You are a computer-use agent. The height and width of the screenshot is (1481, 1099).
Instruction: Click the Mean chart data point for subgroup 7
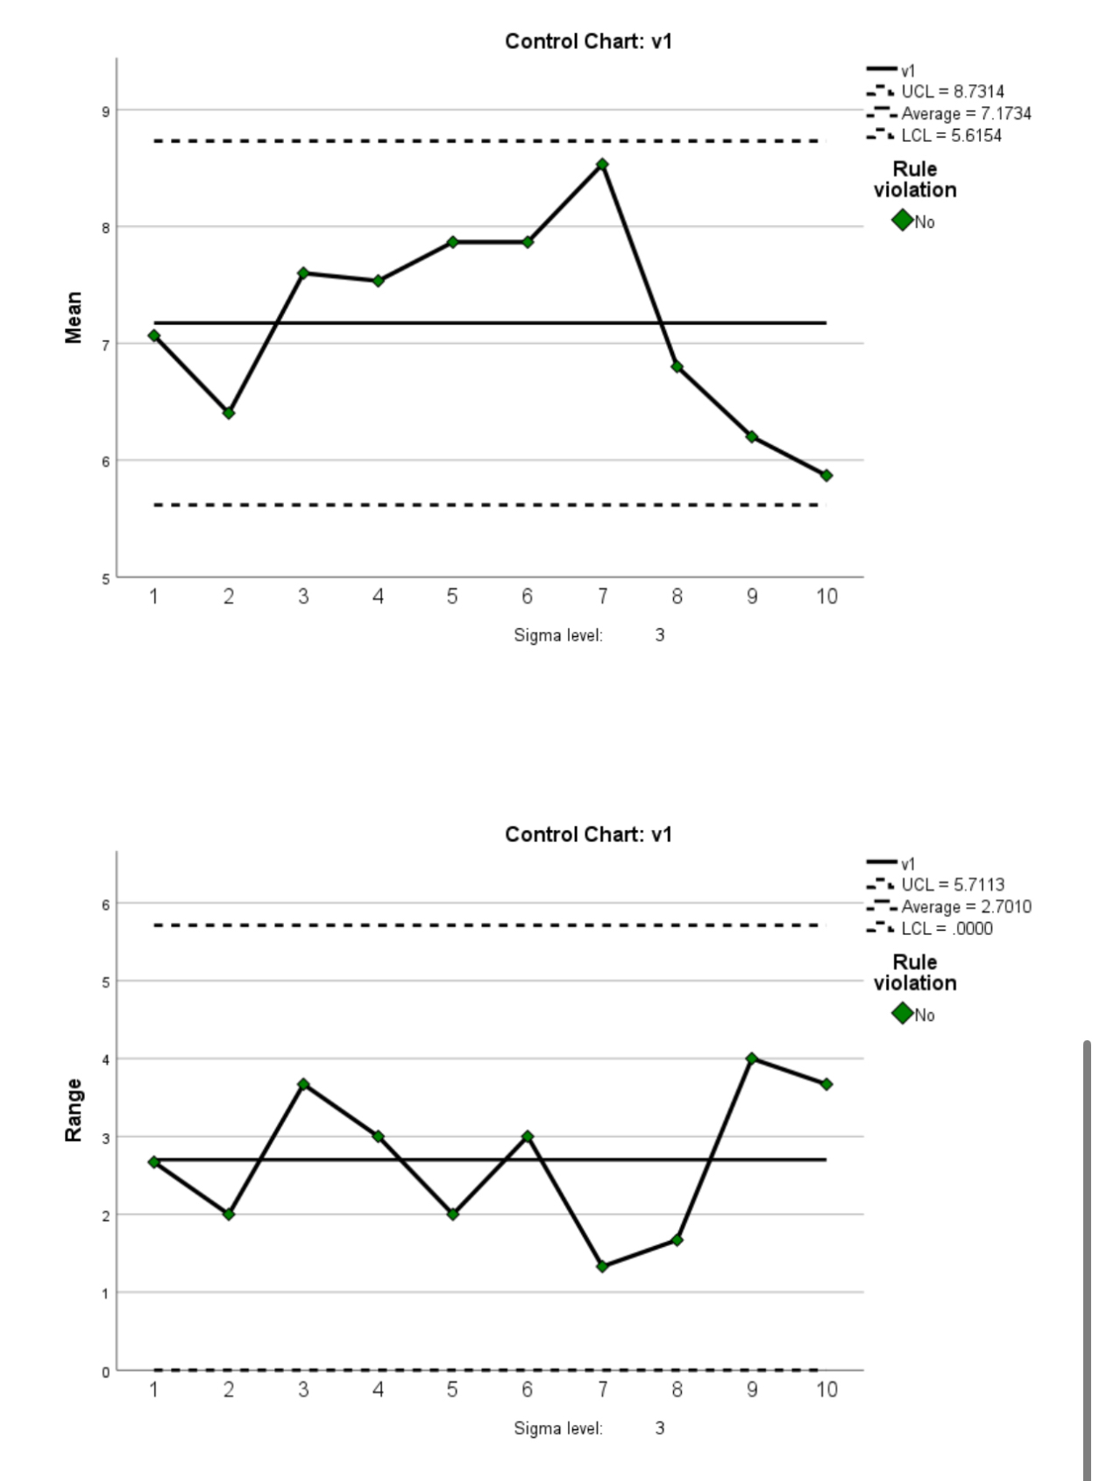pyautogui.click(x=602, y=165)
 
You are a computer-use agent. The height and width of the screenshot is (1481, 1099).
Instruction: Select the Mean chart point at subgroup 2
pyautogui.click(x=229, y=413)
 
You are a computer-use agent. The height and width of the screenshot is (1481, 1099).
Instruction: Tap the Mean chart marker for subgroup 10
pyautogui.click(x=826, y=475)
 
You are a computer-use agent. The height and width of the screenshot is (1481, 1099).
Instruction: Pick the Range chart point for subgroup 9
pyautogui.click(x=752, y=1059)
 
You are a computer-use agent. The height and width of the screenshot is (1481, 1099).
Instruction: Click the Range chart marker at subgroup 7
pyautogui.click(x=602, y=1266)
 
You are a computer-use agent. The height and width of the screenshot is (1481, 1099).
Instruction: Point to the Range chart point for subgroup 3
pyautogui.click(x=303, y=1084)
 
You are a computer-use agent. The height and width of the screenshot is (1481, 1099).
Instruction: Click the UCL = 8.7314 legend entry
pyautogui.click(x=952, y=91)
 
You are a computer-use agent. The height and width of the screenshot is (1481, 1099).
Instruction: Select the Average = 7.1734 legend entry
pyautogui.click(x=965, y=113)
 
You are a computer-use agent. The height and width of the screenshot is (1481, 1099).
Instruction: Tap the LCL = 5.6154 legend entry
pyautogui.click(x=950, y=135)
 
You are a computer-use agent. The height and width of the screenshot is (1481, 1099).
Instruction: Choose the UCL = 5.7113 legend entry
pyautogui.click(x=952, y=884)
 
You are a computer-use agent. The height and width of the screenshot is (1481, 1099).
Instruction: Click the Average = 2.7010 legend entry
pyautogui.click(x=965, y=906)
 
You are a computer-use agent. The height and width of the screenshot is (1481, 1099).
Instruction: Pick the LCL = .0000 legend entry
pyautogui.click(x=946, y=928)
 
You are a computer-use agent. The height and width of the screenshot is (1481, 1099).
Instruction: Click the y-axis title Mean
pyautogui.click(x=74, y=317)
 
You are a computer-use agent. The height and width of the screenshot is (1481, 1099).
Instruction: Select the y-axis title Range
pyautogui.click(x=74, y=1110)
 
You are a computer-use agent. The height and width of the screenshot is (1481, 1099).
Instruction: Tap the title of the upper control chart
pyautogui.click(x=588, y=41)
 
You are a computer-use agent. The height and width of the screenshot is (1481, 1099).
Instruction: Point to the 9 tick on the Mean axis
pyautogui.click(x=105, y=111)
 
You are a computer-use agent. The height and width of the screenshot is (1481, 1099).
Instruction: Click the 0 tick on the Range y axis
pyautogui.click(x=105, y=1372)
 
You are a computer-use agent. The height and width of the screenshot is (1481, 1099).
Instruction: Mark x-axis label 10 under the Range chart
pyautogui.click(x=826, y=1389)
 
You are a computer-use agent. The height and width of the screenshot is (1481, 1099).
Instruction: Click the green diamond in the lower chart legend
pyautogui.click(x=902, y=1013)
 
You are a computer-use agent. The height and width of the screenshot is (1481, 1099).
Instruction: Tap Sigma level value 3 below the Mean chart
pyautogui.click(x=660, y=635)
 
